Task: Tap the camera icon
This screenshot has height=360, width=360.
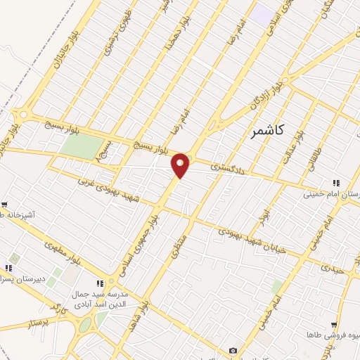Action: pyautogui.click(x=233, y=351)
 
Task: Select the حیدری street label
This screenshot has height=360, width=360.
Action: pyautogui.click(x=330, y=268)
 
